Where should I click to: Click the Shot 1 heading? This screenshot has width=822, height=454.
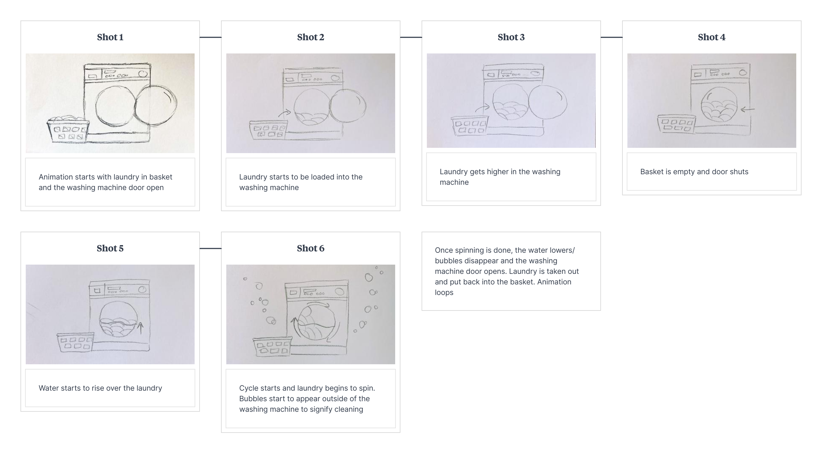pos(110,37)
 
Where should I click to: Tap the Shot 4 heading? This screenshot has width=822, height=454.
pos(711,37)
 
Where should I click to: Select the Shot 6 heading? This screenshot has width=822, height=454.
pos(310,248)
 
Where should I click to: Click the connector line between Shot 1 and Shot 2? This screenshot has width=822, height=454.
pos(210,37)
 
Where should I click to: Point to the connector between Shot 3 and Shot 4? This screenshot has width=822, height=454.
pos(612,37)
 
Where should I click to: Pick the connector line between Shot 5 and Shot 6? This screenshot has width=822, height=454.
pos(210,248)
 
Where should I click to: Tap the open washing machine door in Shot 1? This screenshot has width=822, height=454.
pos(156,105)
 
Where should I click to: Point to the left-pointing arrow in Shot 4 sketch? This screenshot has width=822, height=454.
pos(747,109)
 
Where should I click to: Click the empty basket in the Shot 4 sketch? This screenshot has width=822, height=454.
pos(676,124)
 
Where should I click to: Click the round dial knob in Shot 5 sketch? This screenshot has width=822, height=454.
pos(142,290)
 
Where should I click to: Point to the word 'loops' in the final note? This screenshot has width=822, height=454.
pos(444,293)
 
